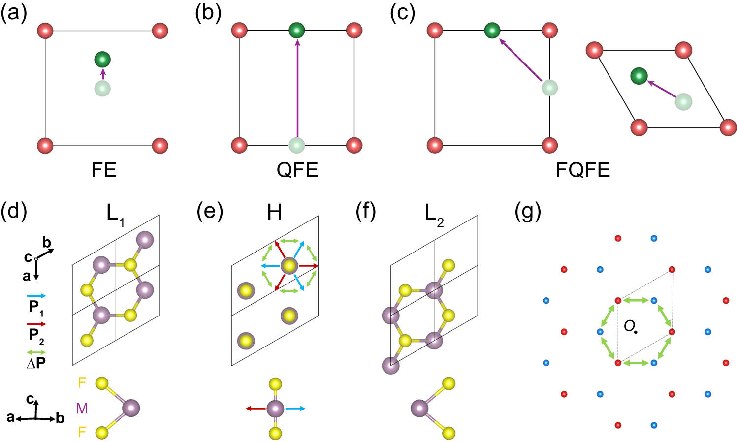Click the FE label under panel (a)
(104, 170)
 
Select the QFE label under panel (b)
(297, 170)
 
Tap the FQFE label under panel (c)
(583, 170)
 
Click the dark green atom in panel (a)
(102, 60)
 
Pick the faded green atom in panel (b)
(297, 146)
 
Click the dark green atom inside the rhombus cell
(639, 76)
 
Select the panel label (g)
(527, 212)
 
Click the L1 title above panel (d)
(115, 214)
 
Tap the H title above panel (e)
(274, 213)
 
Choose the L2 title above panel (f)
(434, 214)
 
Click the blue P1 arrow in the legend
(36, 296)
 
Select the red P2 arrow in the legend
(36, 324)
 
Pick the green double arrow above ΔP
(36, 352)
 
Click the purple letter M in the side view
(82, 408)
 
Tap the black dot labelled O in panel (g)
(636, 332)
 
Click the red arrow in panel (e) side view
(256, 409)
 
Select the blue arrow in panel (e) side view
(295, 409)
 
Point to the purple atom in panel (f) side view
(419, 408)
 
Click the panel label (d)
(14, 212)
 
